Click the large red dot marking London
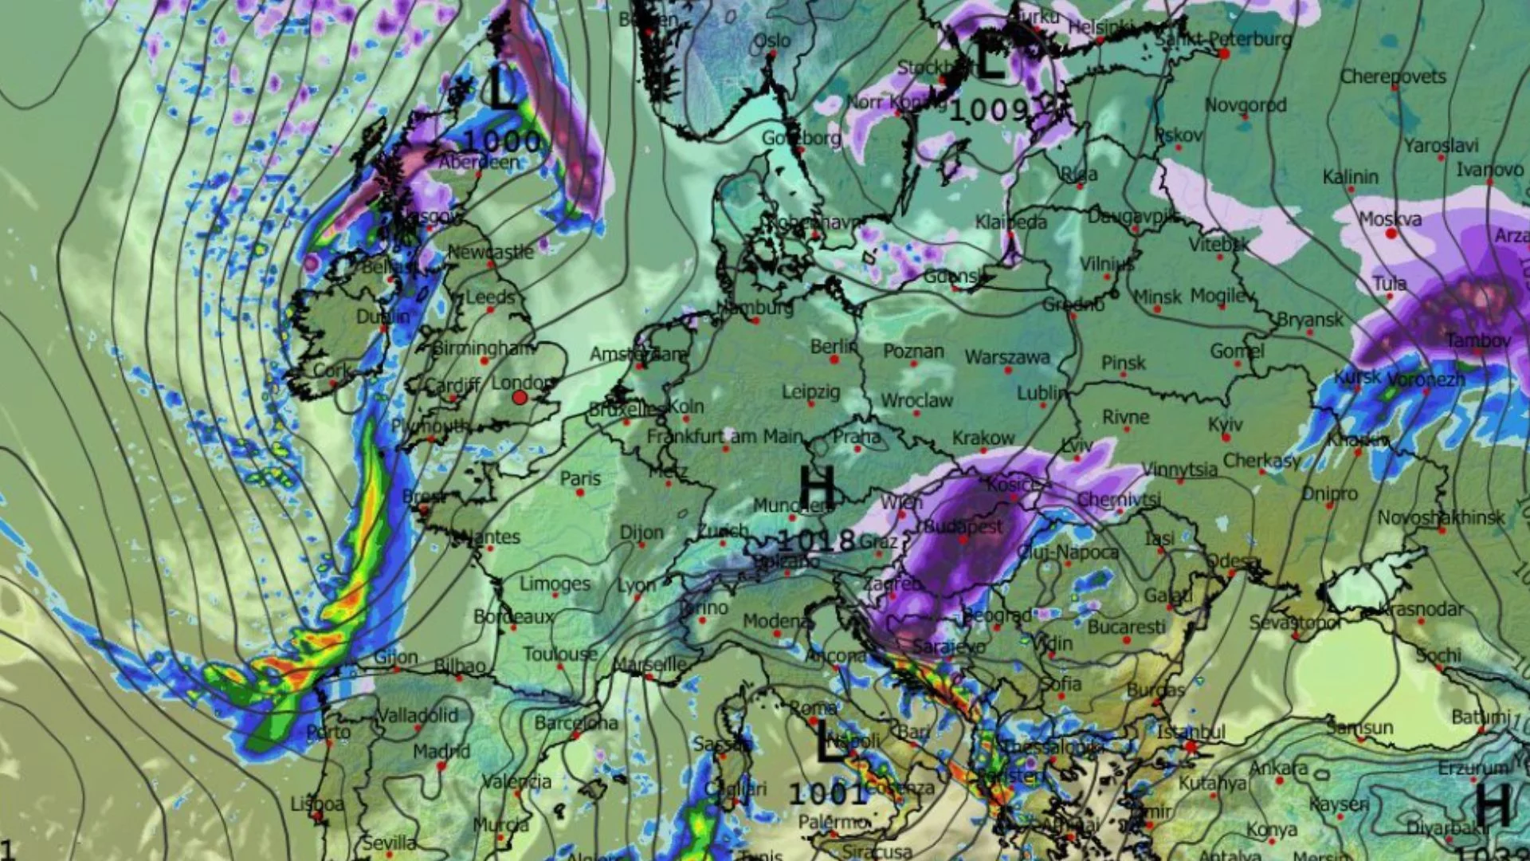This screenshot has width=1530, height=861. [520, 397]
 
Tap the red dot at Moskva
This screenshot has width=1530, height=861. [1391, 234]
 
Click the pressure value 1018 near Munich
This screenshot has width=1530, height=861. [816, 541]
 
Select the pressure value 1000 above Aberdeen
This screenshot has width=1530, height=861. [502, 142]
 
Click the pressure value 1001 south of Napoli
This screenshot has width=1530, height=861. [828, 793]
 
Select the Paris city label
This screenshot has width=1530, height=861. [580, 478]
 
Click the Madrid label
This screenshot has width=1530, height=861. [441, 751]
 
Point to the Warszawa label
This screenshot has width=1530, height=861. [1007, 357]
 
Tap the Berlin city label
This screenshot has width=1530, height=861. [833, 347]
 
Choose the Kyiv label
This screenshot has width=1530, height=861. [1225, 424]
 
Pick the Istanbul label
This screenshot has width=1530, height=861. [1191, 731]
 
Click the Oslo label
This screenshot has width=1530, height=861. [771, 41]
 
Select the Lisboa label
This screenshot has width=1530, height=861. [317, 804]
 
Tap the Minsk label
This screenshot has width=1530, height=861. [1157, 297]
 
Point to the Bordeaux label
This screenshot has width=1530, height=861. [513, 616]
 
